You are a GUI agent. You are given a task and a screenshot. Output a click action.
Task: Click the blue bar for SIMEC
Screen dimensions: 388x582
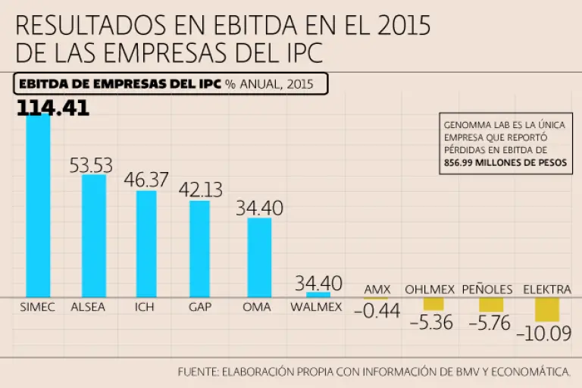[x=38, y=205]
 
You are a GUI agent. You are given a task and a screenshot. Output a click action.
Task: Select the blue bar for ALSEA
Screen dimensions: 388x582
[x=94, y=235]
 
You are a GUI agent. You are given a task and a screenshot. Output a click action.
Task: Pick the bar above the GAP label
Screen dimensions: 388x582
[x=199, y=248]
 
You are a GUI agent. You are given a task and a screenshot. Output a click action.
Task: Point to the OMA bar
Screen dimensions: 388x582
[x=259, y=257]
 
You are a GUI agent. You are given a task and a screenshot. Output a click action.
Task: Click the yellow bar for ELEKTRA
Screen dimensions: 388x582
[x=546, y=309]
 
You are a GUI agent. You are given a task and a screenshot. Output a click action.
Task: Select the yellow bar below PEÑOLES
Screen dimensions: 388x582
[x=491, y=304]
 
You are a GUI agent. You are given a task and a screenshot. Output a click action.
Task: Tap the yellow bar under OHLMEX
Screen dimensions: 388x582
[x=433, y=303]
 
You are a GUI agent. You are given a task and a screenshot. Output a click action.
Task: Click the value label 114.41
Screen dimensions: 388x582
[x=53, y=108]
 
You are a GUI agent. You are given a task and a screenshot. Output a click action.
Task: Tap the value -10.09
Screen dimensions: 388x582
[x=544, y=333]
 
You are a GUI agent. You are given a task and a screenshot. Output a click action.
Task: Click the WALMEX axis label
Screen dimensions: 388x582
[x=317, y=307]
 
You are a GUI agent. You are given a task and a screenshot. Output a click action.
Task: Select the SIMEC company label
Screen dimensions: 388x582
[x=37, y=307]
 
